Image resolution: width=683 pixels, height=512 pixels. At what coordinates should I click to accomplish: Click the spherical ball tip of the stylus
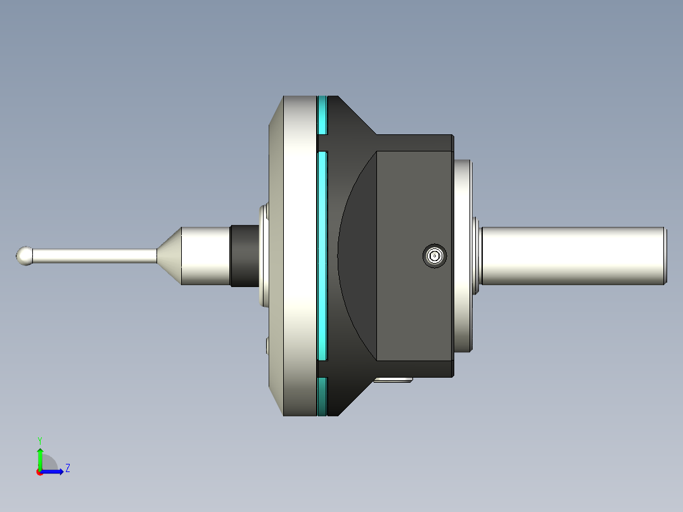pyautogui.click(x=25, y=255)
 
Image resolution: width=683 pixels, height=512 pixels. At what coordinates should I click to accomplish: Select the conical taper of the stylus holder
pyautogui.click(x=169, y=255)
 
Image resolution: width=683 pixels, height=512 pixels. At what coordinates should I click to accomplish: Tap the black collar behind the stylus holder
pyautogui.click(x=245, y=255)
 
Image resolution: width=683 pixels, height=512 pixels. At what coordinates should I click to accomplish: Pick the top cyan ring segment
pyautogui.click(x=322, y=115)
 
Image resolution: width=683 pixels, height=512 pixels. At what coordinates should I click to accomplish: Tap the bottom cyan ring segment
pyautogui.click(x=322, y=397)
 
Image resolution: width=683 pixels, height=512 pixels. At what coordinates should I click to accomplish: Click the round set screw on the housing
pyautogui.click(x=434, y=256)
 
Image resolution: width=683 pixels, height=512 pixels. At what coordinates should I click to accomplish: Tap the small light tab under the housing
pyautogui.click(x=393, y=380)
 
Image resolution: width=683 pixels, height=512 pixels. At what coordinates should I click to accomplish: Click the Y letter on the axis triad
pyautogui.click(x=39, y=440)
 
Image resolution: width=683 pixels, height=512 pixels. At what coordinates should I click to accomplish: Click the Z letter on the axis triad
pyautogui.click(x=67, y=468)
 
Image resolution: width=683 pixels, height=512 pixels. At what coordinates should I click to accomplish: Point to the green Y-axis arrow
pyautogui.click(x=39, y=458)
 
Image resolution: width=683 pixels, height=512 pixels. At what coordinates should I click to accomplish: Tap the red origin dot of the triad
pyautogui.click(x=39, y=472)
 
